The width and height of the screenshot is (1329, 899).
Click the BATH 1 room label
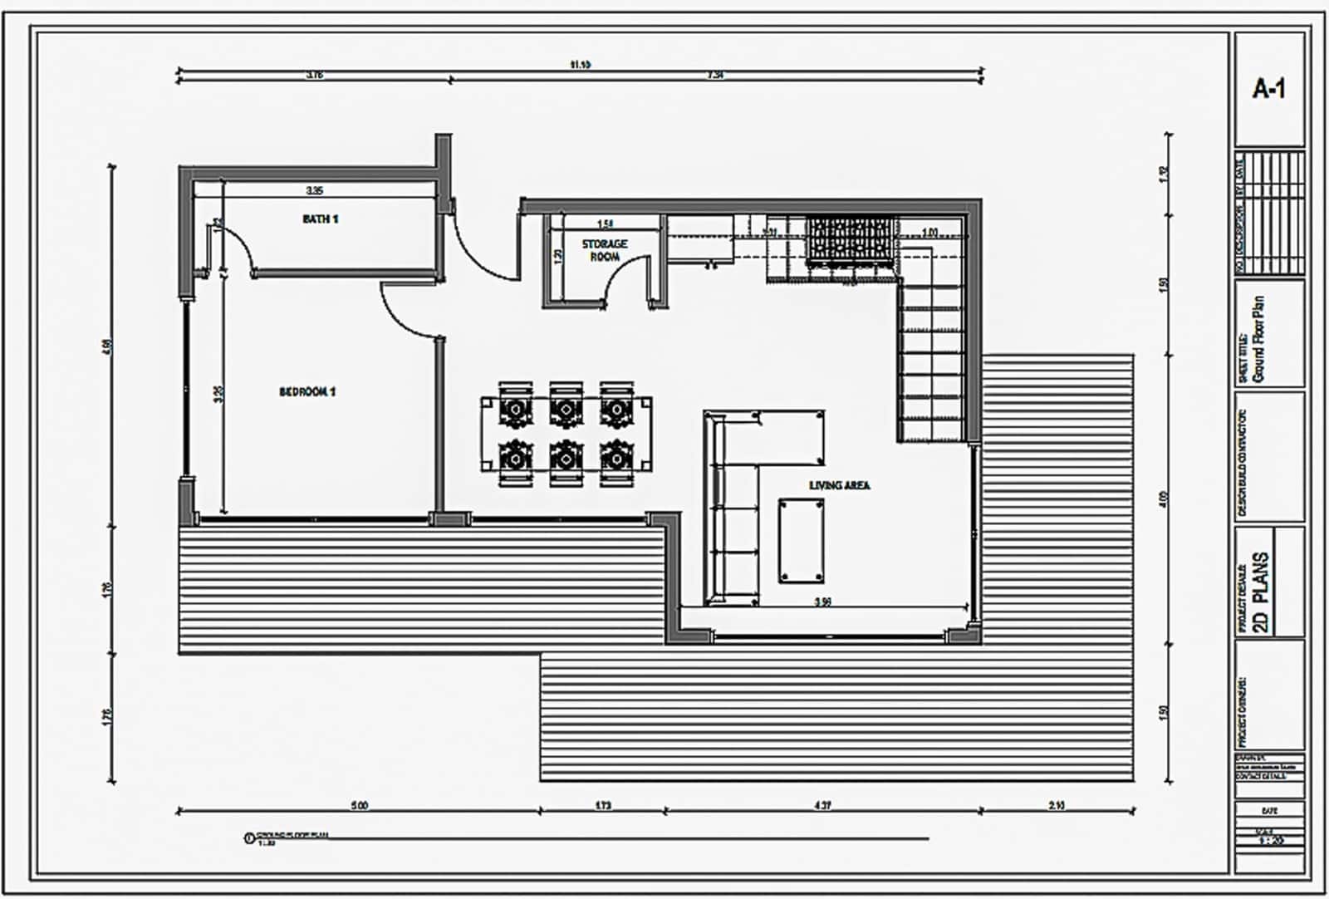[320, 219]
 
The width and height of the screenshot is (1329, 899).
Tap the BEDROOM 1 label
[307, 391]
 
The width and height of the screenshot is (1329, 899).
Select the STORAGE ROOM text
[604, 250]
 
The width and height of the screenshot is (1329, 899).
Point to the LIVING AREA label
[840, 485]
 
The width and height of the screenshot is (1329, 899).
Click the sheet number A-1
[1268, 89]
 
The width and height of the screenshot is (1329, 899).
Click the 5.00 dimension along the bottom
[359, 805]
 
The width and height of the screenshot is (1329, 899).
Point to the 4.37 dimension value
[822, 805]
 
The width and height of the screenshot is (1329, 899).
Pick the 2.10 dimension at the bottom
[1057, 805]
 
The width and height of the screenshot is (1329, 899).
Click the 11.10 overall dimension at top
[580, 64]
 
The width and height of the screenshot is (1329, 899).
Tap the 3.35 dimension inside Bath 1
[314, 191]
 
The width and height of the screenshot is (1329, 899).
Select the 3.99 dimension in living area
[822, 602]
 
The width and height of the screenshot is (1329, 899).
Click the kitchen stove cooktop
[848, 240]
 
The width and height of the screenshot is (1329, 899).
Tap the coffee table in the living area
[802, 540]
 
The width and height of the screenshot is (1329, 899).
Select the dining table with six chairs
[565, 433]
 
